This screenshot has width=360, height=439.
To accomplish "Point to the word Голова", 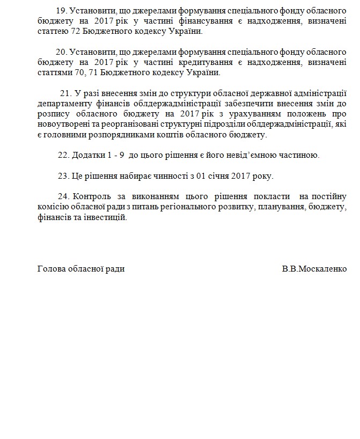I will pyautogui.click(x=51, y=269).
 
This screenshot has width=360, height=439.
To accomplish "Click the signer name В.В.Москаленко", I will pyautogui.click(x=314, y=269).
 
